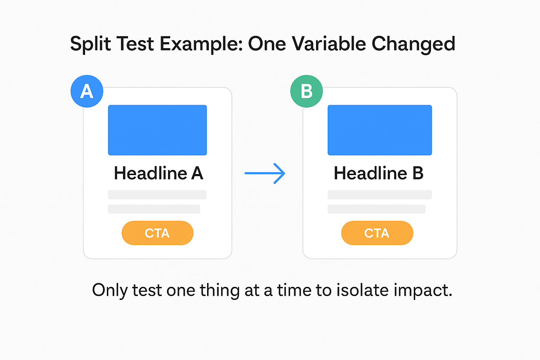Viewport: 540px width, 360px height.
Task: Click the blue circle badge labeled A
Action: [x=87, y=91]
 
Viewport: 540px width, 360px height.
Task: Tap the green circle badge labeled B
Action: [x=307, y=91]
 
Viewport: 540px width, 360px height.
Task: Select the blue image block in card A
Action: [x=157, y=130]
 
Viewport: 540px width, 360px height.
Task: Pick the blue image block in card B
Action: [x=380, y=130]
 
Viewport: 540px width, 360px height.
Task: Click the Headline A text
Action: [x=159, y=173]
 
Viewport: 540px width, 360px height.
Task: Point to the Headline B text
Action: [x=379, y=173]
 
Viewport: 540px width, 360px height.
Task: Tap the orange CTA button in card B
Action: [x=377, y=233]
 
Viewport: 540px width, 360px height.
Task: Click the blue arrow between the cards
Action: [x=265, y=173]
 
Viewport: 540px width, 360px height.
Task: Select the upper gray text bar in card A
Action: [x=157, y=195]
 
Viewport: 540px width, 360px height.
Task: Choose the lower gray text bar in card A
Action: [x=154, y=209]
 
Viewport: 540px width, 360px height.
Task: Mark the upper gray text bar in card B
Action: [x=380, y=195]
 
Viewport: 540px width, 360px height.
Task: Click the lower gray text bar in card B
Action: [x=377, y=209]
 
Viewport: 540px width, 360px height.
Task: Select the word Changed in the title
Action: [x=413, y=44]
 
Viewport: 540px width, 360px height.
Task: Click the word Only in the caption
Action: [x=110, y=290]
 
